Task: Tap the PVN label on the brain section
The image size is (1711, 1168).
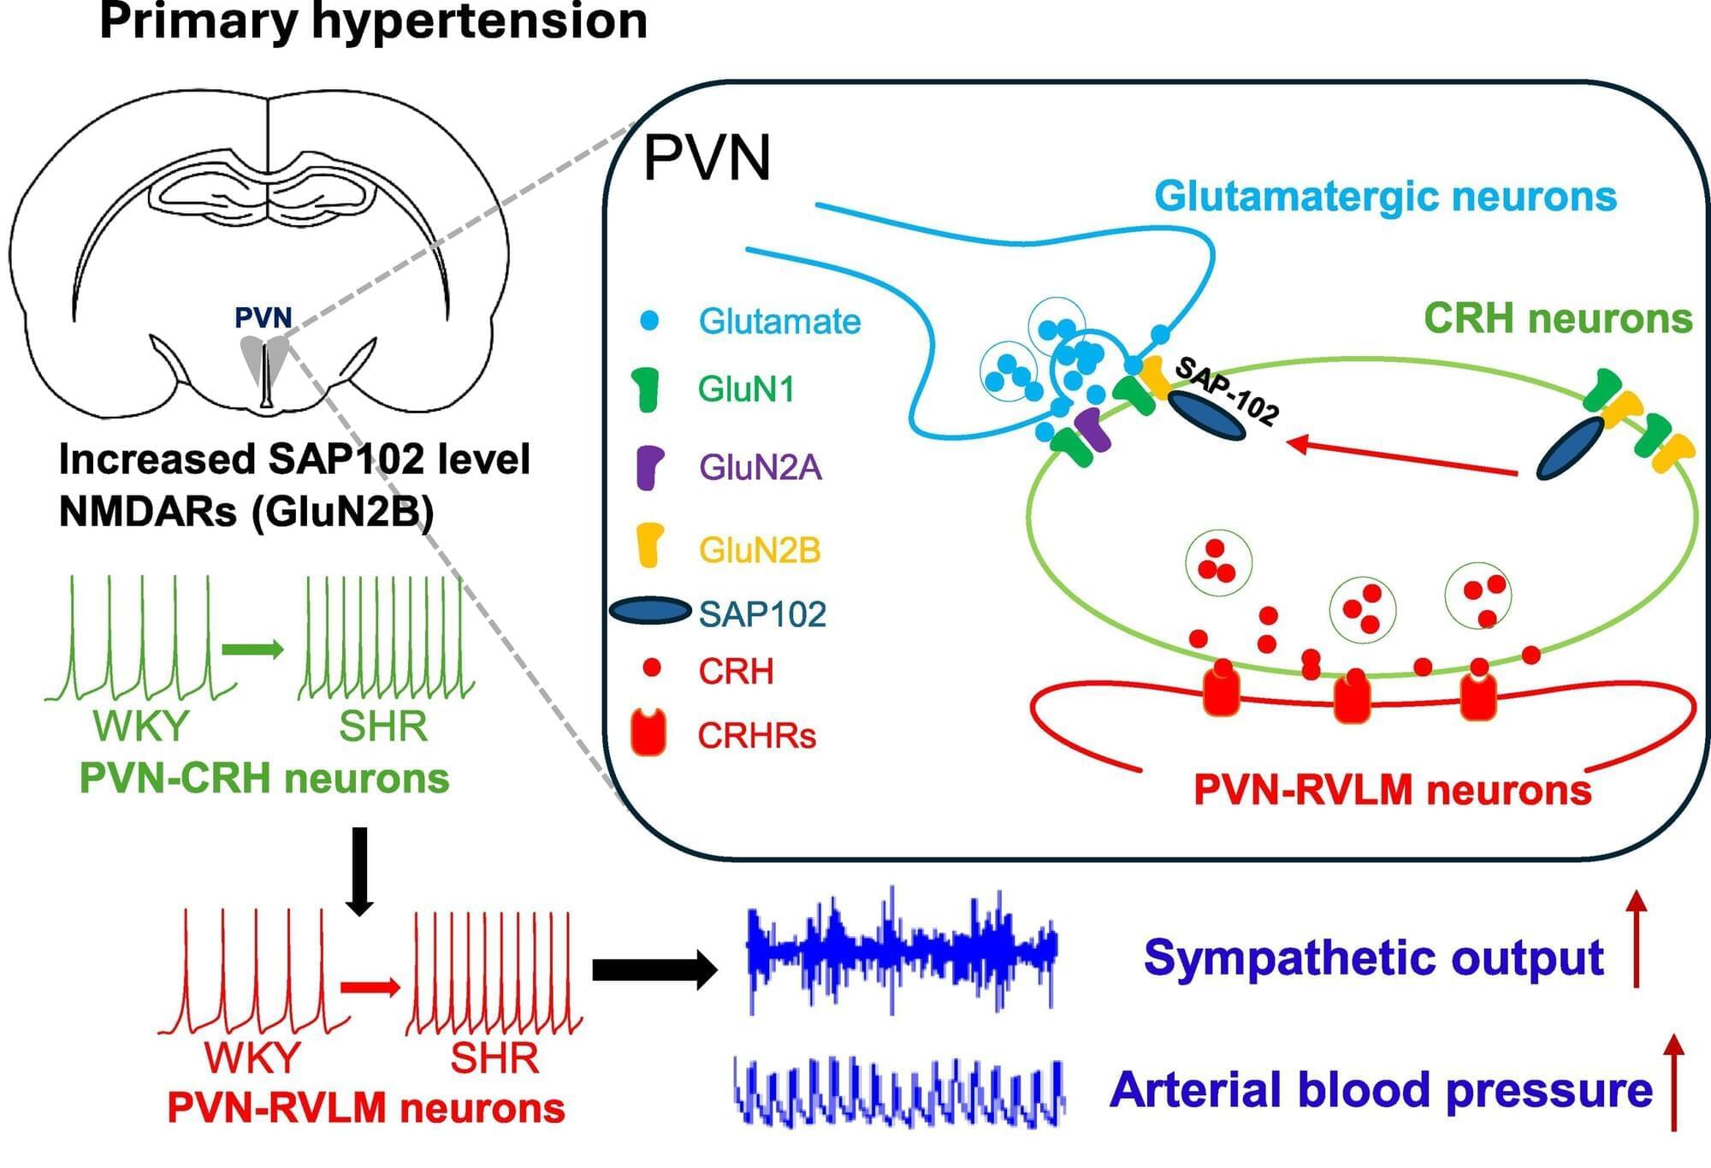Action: pos(263,318)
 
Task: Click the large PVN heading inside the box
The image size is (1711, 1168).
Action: pos(707,158)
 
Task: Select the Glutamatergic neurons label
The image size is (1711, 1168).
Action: pos(1385,197)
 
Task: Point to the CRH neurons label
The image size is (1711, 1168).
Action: pos(1557,319)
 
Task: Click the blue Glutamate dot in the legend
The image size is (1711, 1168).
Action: pos(650,321)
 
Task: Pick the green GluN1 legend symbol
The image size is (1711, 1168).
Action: pos(648,389)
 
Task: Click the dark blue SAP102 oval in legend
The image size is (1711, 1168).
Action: pos(650,611)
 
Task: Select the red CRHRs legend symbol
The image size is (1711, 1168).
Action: pos(648,732)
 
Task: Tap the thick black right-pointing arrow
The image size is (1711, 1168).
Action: pos(654,969)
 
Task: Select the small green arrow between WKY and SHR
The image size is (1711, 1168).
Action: pos(252,649)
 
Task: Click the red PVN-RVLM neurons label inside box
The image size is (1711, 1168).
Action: pos(1392,790)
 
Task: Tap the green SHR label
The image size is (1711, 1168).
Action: pos(383,726)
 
